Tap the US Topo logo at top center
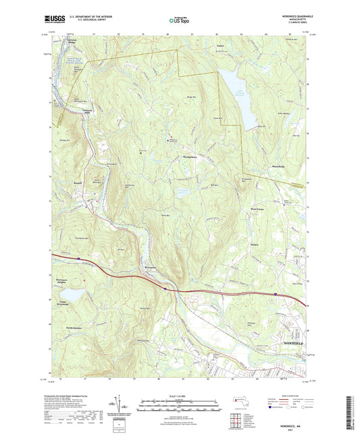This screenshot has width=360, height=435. click(x=176, y=20)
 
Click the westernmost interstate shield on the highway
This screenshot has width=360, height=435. click(x=78, y=257)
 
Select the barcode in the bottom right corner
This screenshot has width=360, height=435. click(x=352, y=412)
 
